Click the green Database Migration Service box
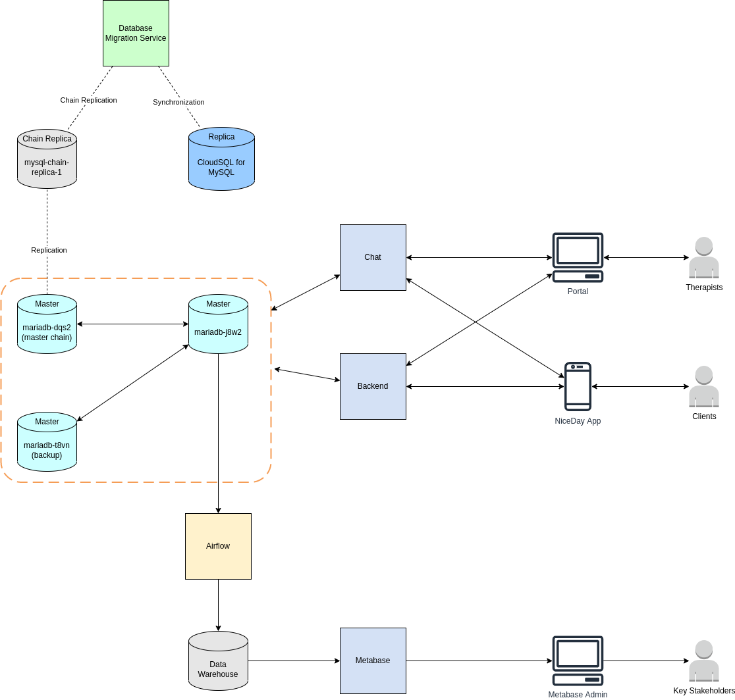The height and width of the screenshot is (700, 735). (136, 33)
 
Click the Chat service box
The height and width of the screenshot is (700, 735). (373, 257)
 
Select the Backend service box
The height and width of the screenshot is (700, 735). (373, 386)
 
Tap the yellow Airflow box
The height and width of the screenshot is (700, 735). (218, 546)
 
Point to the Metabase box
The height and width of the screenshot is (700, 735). (373, 661)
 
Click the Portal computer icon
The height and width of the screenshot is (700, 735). (578, 257)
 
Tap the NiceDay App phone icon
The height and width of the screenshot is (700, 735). (578, 386)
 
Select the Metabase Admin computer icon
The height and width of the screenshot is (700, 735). (578, 661)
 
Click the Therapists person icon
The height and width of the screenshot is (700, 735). (704, 257)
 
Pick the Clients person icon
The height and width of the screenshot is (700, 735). (704, 386)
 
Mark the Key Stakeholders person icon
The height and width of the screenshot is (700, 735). (704, 661)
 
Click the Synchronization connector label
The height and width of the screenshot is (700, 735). (178, 102)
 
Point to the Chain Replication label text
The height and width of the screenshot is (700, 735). (88, 100)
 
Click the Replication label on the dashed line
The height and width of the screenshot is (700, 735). (49, 250)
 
